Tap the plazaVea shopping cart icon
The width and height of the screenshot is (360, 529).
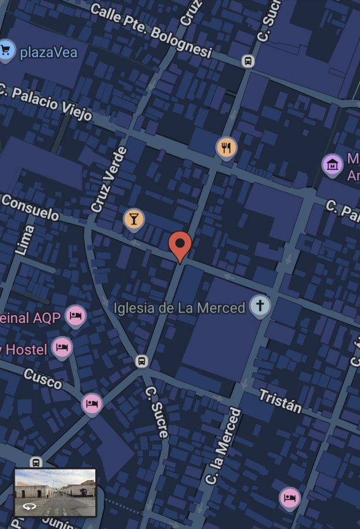tap(7, 50)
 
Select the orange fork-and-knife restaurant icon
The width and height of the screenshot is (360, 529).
tap(226, 148)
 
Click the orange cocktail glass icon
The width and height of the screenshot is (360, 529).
tap(134, 219)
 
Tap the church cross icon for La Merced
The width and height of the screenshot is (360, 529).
tap(260, 306)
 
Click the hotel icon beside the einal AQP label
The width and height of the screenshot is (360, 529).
tap(75, 316)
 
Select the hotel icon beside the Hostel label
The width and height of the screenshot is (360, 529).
tap(62, 347)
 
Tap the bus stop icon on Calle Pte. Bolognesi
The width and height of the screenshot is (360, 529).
tap(248, 61)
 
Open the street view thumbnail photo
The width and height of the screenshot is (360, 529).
tap(55, 492)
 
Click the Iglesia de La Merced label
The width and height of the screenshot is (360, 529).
tap(179, 307)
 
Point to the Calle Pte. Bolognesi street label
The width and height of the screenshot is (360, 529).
tap(151, 31)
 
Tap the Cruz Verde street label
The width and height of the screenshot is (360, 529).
tap(109, 179)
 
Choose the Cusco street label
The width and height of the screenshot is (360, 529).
tap(43, 379)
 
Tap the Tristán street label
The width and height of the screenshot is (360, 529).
tap(280, 400)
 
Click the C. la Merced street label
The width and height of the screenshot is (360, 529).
tap(224, 446)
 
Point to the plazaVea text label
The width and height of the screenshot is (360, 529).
tap(48, 52)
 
